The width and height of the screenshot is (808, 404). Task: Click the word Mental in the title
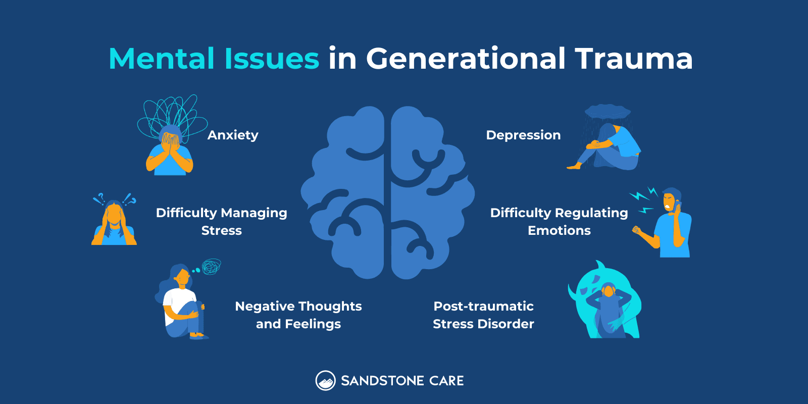(x=162, y=59)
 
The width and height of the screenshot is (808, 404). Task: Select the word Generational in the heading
(x=466, y=59)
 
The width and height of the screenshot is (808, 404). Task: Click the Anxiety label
(x=233, y=135)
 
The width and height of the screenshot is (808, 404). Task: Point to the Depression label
(x=523, y=135)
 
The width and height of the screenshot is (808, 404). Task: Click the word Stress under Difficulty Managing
(x=221, y=231)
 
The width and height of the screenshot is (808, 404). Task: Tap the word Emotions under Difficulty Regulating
(x=559, y=231)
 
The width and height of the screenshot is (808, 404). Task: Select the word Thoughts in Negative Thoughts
(x=331, y=307)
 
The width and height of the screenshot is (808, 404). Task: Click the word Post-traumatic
(x=483, y=307)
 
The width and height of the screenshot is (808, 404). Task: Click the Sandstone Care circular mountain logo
(x=326, y=381)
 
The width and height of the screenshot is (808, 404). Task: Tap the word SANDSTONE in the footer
(x=382, y=381)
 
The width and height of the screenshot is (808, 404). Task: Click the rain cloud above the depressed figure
(x=608, y=112)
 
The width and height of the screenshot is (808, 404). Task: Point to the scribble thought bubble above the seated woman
(x=211, y=266)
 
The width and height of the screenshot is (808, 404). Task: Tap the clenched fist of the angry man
(x=637, y=231)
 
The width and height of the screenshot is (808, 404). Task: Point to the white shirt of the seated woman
(x=174, y=300)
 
